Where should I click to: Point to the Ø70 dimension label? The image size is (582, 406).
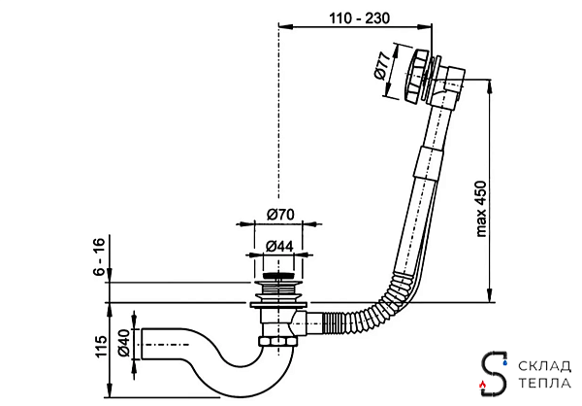point(281,215)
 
